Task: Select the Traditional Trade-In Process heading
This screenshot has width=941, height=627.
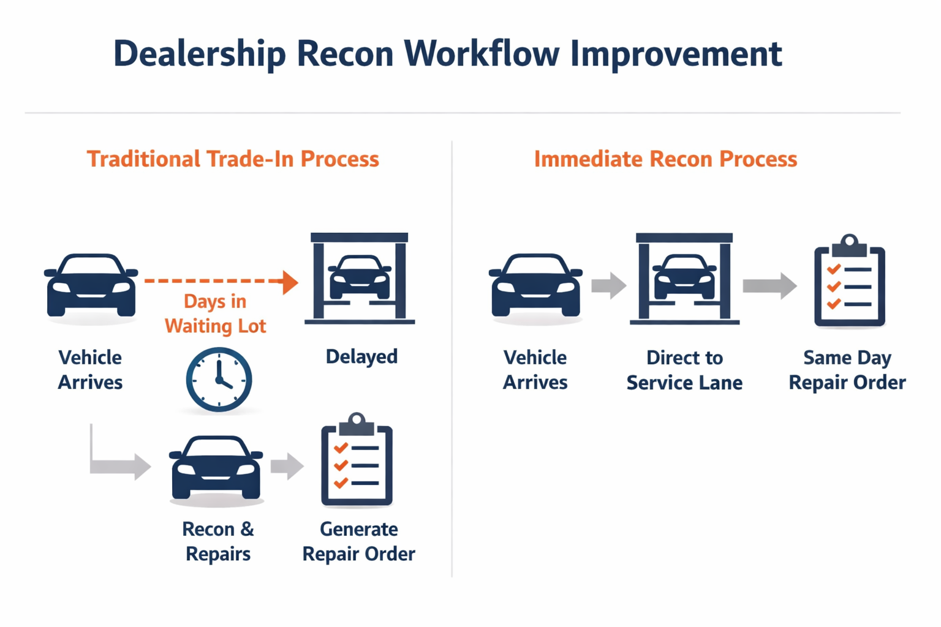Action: pyautogui.click(x=233, y=159)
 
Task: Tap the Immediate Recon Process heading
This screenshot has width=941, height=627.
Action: pyautogui.click(x=665, y=159)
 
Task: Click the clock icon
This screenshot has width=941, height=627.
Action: pyautogui.click(x=219, y=380)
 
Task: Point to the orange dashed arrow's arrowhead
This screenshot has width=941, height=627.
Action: pyautogui.click(x=290, y=282)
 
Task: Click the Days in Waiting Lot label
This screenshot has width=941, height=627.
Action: pyautogui.click(x=215, y=313)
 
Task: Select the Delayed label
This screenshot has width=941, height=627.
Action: pyautogui.click(x=361, y=356)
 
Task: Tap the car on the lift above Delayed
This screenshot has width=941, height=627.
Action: pyautogui.click(x=360, y=277)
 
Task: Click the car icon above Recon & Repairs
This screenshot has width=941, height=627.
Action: pyautogui.click(x=216, y=468)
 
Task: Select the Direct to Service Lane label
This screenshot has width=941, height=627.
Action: pyautogui.click(x=684, y=370)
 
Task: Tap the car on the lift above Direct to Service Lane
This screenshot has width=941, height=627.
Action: pyautogui.click(x=684, y=277)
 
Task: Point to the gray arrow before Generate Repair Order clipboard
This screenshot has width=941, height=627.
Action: pyautogui.click(x=287, y=466)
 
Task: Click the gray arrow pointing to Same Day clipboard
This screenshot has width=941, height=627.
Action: pyautogui.click(x=769, y=285)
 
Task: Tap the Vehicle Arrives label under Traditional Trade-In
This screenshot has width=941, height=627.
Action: pyautogui.click(x=90, y=370)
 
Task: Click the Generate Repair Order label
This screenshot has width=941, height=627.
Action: pyautogui.click(x=358, y=541)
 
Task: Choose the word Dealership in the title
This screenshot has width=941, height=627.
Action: pyautogui.click(x=200, y=53)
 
